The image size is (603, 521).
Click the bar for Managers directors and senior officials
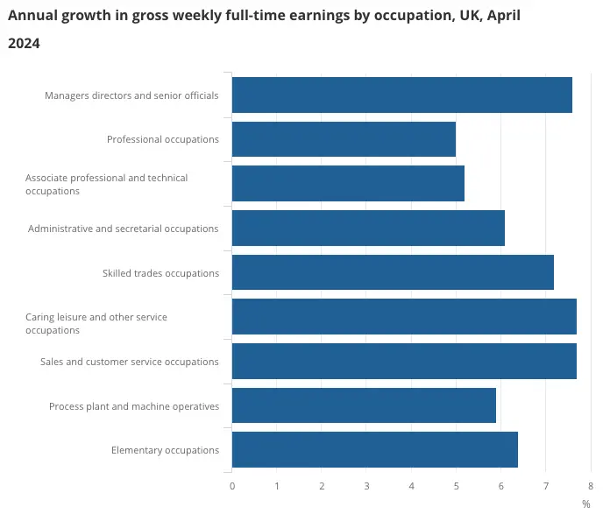[401, 95]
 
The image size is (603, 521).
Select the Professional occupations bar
[344, 139]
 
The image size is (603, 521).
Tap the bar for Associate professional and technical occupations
[348, 184]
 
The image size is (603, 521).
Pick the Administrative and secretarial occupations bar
[368, 229]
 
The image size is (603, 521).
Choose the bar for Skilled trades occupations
[393, 272]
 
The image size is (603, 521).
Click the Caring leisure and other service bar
[404, 317]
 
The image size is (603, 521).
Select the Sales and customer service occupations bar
[404, 362]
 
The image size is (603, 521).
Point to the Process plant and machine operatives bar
[364, 405]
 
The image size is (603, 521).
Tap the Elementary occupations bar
[375, 450]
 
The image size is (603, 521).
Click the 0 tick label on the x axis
[232, 485]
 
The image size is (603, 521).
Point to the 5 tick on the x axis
[456, 485]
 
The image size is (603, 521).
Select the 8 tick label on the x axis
[591, 485]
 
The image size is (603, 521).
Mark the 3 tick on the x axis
[366, 485]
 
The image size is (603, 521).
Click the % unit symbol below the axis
[586, 504]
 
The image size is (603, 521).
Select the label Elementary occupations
[165, 450]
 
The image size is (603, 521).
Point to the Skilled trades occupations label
[160, 273]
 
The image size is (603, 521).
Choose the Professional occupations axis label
[163, 139]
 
